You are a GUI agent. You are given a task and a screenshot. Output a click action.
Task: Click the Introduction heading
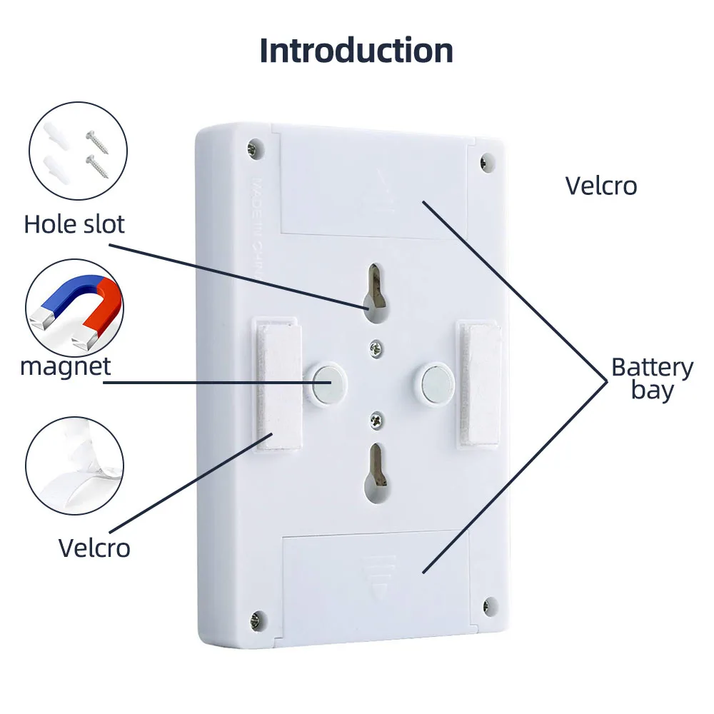[356, 51]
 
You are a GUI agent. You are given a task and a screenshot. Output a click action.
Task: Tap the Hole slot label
[74, 224]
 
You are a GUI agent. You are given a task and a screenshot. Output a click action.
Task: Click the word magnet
[66, 366]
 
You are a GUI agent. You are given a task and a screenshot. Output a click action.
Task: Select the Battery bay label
[652, 378]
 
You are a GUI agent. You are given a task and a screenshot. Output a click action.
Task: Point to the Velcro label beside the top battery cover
[600, 186]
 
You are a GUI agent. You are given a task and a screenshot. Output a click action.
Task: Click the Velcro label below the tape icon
[94, 548]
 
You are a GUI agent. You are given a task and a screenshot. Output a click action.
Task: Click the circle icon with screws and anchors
[78, 152]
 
